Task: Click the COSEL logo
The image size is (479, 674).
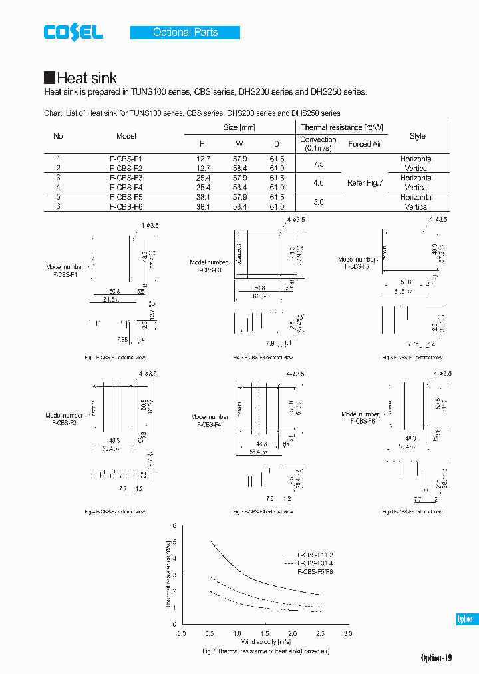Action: (x=73, y=32)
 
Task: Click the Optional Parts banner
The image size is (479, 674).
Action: (x=185, y=32)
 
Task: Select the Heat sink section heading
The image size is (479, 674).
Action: (x=80, y=78)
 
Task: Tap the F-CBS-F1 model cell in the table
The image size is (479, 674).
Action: (x=126, y=159)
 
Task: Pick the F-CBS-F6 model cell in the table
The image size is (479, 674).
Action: (x=126, y=207)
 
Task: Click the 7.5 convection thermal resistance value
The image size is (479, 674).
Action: (x=318, y=164)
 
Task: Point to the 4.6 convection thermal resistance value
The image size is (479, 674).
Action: (x=318, y=183)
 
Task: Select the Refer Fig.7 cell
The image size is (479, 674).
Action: (x=365, y=183)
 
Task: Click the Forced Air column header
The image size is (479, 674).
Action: (x=365, y=144)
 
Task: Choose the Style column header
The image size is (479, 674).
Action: (x=417, y=136)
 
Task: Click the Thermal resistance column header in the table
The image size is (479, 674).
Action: (x=341, y=127)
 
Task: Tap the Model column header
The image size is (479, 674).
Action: (x=126, y=136)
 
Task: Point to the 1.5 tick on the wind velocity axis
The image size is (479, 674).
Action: (x=265, y=633)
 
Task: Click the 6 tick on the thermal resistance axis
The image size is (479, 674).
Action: (x=174, y=526)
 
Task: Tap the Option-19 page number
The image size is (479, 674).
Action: (x=436, y=658)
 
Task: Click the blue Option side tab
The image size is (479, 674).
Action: (x=465, y=619)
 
